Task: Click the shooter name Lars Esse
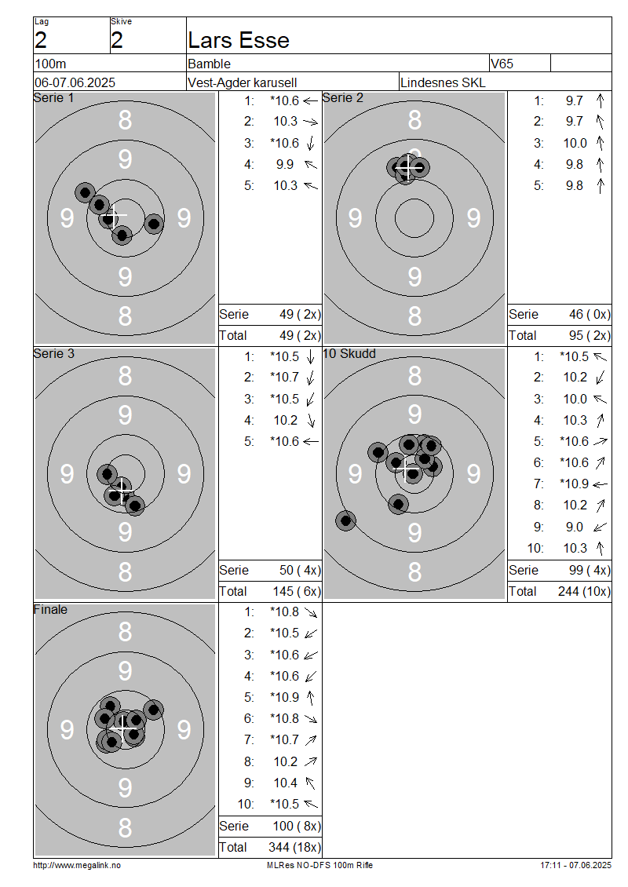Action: [x=238, y=41]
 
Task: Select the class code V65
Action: [x=502, y=64]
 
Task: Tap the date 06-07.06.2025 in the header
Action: [x=75, y=82]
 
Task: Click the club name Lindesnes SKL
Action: [x=443, y=82]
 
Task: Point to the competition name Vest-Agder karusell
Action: [x=242, y=82]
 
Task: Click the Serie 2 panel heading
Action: [x=343, y=98]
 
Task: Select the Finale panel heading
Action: [x=50, y=609]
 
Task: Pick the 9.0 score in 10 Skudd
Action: [x=575, y=527]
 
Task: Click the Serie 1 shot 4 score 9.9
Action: [x=285, y=164]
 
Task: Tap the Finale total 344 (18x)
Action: [x=294, y=847]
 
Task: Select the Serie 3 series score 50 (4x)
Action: [x=300, y=570]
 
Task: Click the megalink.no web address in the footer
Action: [x=77, y=865]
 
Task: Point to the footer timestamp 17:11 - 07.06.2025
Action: [x=575, y=865]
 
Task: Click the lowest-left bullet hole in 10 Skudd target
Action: [x=345, y=520]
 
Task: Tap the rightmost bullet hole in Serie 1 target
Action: [x=153, y=224]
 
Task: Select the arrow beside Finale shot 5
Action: [x=310, y=698]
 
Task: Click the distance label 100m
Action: [x=50, y=64]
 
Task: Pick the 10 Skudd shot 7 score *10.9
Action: [x=574, y=484]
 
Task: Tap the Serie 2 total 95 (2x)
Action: [x=590, y=335]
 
